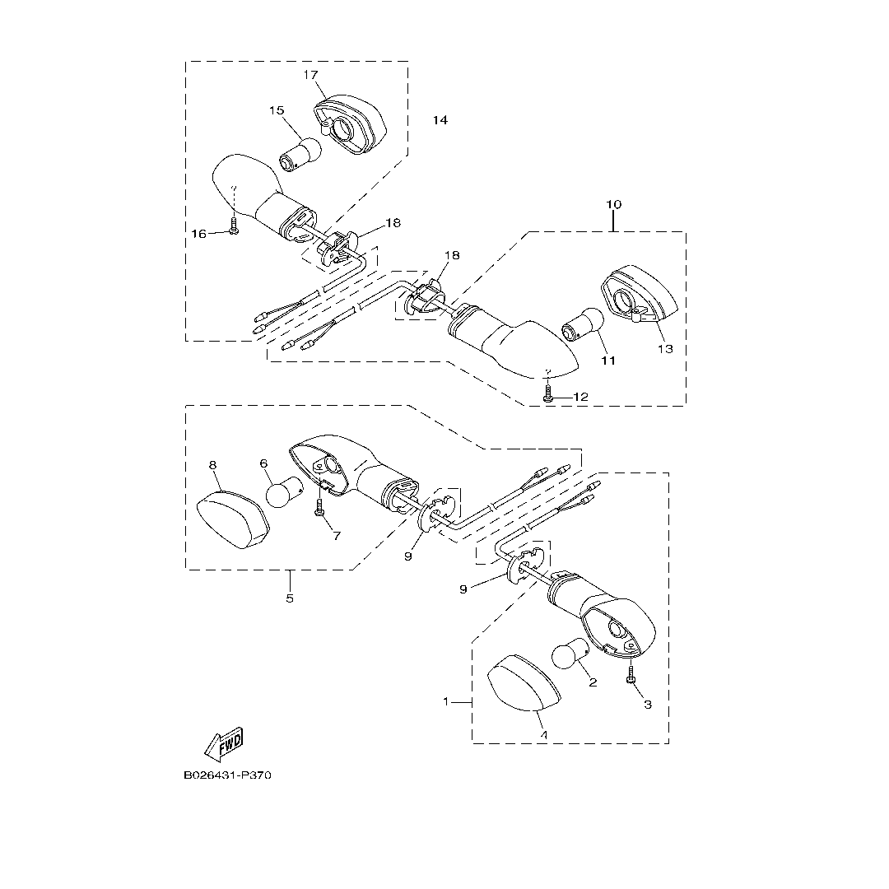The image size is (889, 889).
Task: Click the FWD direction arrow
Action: coord(224,744)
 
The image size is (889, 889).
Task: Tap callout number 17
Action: coord(310,75)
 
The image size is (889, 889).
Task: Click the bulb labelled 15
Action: coord(300,152)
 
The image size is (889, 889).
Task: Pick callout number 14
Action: coord(440,120)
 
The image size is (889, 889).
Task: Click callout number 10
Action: coord(614,203)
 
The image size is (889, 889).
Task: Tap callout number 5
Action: coord(290,598)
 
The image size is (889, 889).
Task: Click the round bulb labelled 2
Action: coord(568,656)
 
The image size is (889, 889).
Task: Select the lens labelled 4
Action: coord(523,689)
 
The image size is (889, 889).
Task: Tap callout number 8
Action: coord(212,465)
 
